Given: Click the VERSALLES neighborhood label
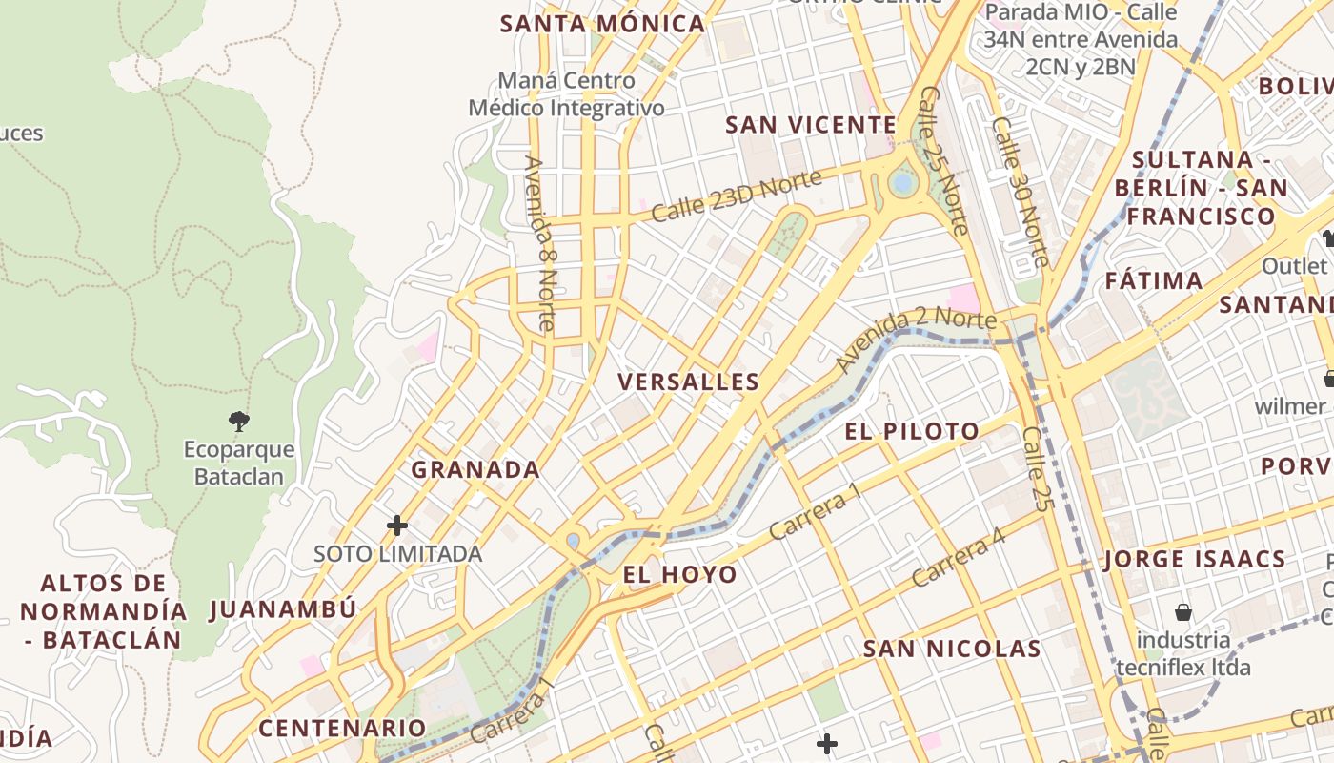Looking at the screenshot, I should tap(688, 382).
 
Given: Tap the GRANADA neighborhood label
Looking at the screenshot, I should tap(475, 469).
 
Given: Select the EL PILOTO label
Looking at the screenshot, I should tap(912, 431).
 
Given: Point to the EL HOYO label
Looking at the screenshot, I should tap(679, 574).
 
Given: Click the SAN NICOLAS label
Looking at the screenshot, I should tap(951, 650).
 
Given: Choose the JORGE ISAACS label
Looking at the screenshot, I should tap(1195, 559).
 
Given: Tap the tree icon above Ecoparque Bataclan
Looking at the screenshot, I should tap(238, 420).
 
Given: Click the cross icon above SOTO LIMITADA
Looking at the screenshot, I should tap(397, 526).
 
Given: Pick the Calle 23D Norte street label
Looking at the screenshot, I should tap(736, 196).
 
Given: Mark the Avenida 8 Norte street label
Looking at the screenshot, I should tap(538, 243).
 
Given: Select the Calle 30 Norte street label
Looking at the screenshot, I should tap(1020, 191).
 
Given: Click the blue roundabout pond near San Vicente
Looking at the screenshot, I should tap(901, 182).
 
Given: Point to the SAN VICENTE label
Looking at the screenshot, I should tap(811, 125).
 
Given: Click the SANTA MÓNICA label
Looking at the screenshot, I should tap(602, 24).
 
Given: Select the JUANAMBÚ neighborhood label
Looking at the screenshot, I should tap(283, 609).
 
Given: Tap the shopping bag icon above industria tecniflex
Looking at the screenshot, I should tap(1182, 612).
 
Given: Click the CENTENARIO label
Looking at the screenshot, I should tap(342, 729).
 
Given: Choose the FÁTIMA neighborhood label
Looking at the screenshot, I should tap(1154, 281).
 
